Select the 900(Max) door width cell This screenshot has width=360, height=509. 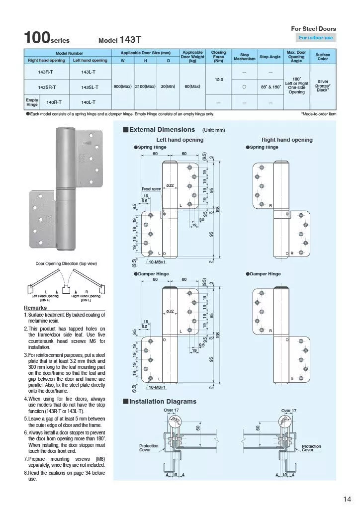click(x=122, y=86)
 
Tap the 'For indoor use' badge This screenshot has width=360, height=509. click(x=316, y=38)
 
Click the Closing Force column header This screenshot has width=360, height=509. click(x=218, y=56)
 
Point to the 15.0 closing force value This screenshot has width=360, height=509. click(x=218, y=80)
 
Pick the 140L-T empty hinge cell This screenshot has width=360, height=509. click(x=90, y=102)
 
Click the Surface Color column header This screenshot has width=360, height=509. click(x=322, y=56)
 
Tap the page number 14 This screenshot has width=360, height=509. click(x=347, y=499)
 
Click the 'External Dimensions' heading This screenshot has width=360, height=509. click(x=162, y=130)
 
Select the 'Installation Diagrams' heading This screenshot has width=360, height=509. click(x=163, y=401)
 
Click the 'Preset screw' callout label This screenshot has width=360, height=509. click(x=151, y=189)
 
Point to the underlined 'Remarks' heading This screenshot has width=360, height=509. click(x=35, y=308)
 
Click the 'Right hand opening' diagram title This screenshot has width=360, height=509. click(x=287, y=140)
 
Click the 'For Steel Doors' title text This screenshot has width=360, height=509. click(x=313, y=29)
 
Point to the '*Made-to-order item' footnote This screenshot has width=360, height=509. click(x=318, y=114)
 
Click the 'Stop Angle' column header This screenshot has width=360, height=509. click(x=270, y=57)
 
